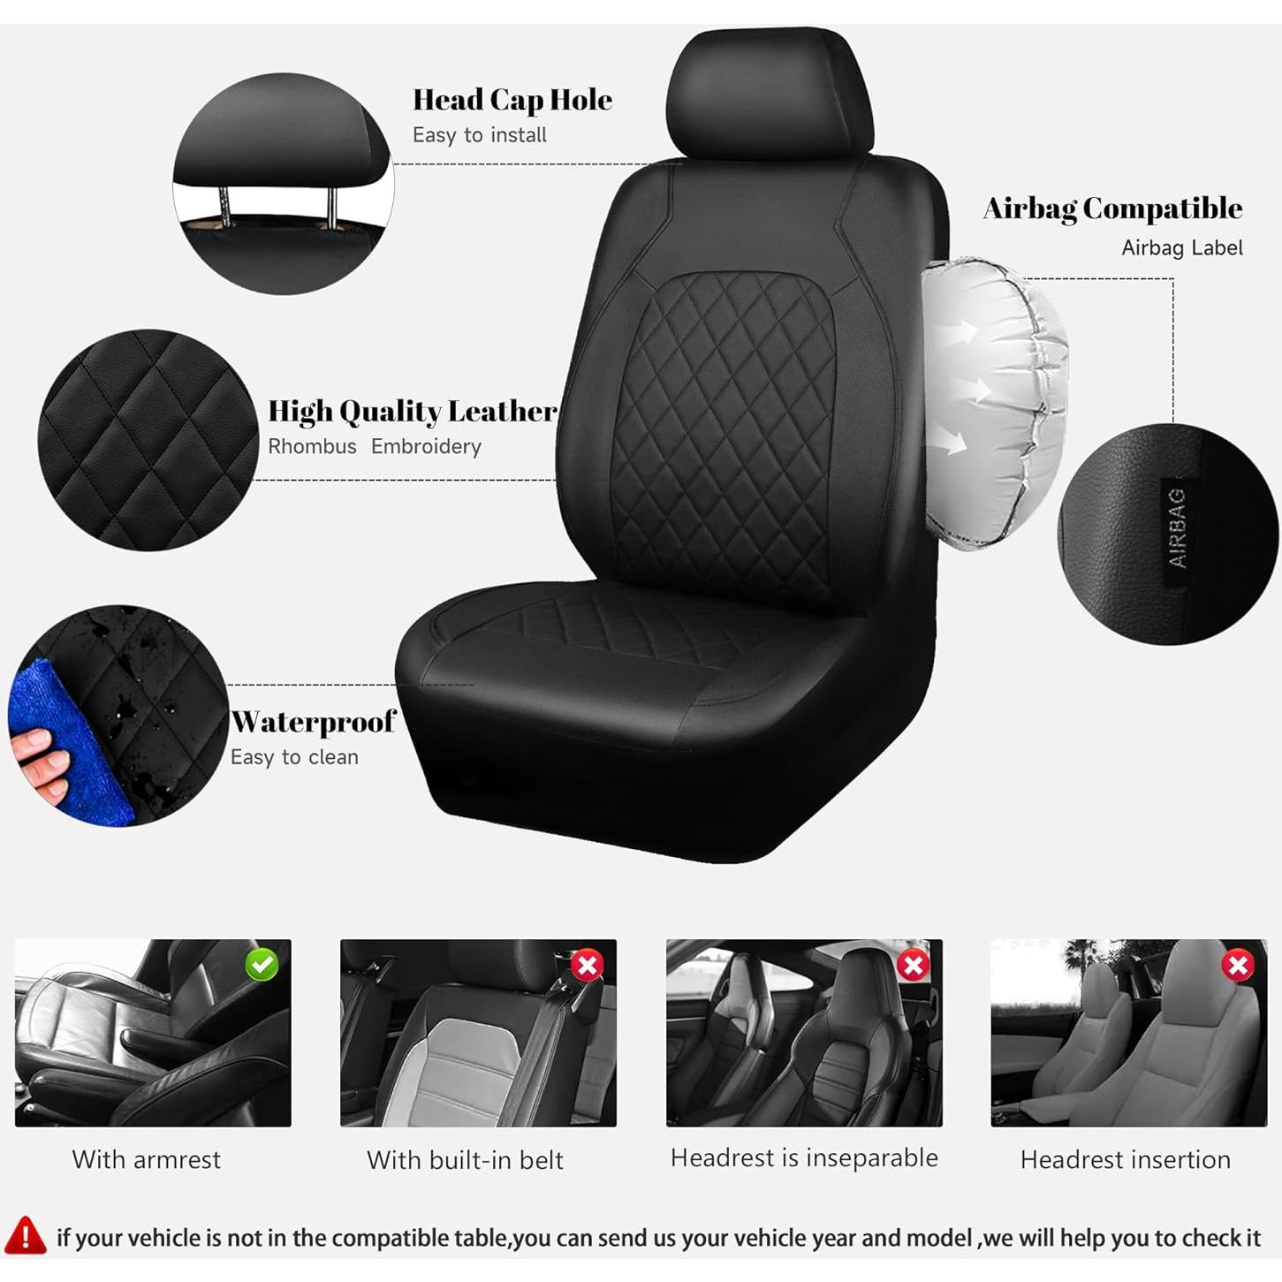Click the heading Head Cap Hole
point(512,100)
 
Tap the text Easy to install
point(479,135)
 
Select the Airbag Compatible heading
point(1112,209)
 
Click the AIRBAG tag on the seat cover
point(1176,527)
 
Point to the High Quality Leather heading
point(412,412)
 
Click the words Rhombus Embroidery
point(375,447)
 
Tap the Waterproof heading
point(313,722)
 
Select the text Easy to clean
point(294,757)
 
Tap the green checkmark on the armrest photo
point(262,964)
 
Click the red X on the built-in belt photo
point(587,965)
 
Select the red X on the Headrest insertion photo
point(1238,965)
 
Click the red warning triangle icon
point(26,1235)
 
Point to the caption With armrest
point(147,1159)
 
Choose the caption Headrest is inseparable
point(804,1157)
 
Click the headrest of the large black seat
point(769,93)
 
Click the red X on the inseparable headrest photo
point(913,965)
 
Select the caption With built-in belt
point(465,1159)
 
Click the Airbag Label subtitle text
point(1181,248)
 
